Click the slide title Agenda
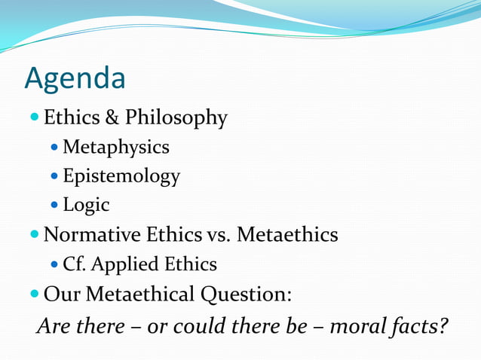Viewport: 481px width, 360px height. pos(75,79)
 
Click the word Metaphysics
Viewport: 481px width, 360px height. pos(115,147)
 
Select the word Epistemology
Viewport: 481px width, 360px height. pos(121,176)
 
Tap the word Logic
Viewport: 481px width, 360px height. pos(86,205)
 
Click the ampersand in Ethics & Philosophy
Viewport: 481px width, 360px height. pos(112,118)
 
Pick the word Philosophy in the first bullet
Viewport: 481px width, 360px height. pos(176,118)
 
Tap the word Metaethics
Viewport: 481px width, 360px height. pos(287,235)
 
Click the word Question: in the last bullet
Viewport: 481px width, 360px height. pos(248,294)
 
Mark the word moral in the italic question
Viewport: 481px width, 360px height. pos(355,327)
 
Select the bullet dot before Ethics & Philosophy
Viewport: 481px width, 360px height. pos(35,118)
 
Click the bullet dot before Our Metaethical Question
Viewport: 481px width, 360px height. pos(35,294)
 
